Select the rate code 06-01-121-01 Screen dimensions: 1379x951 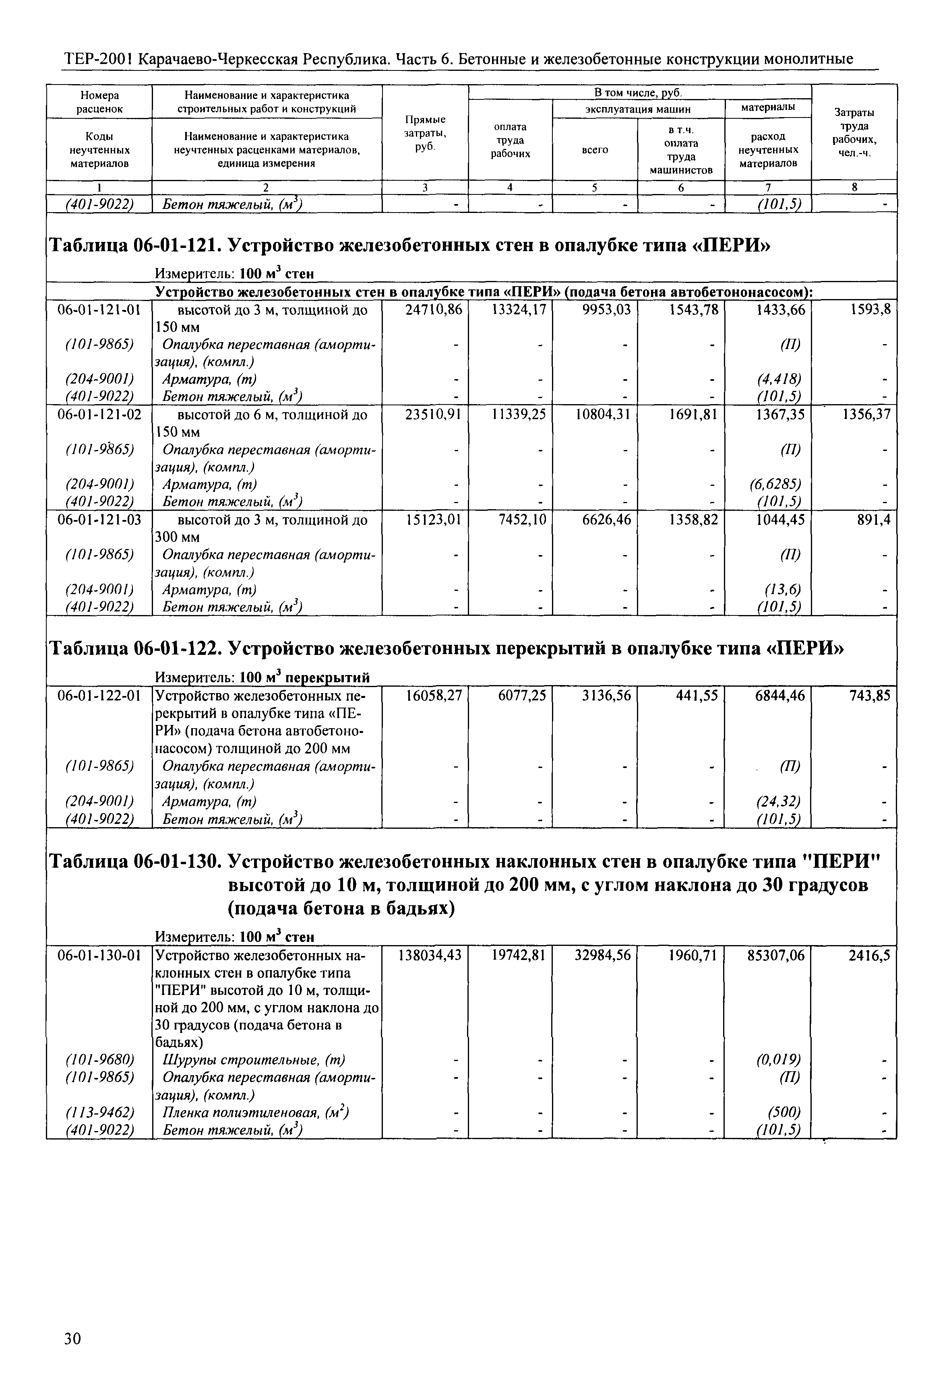pyautogui.click(x=99, y=310)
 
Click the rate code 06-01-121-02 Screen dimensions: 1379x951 pyautogui.click(x=99, y=415)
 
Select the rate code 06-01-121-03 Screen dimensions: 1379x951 pyautogui.click(x=99, y=520)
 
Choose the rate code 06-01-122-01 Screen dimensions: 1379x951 pyautogui.click(x=99, y=696)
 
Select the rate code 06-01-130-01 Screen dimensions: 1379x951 pyautogui.click(x=99, y=956)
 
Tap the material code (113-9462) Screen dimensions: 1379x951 pyautogui.click(x=99, y=1112)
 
